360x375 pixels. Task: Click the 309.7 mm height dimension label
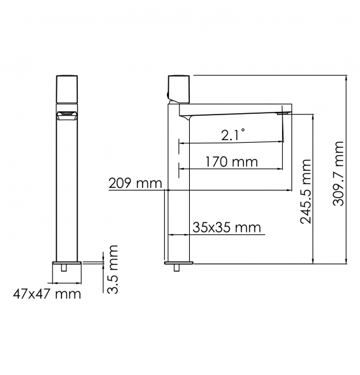point(338,173)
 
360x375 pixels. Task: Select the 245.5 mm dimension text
point(306,191)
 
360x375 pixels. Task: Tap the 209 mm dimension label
point(135,183)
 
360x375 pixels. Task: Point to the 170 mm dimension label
point(232,162)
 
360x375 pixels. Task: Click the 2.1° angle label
point(233,135)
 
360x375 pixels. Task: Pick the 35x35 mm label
point(226,228)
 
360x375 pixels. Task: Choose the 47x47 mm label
point(47,294)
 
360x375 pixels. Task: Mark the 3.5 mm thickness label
point(113,269)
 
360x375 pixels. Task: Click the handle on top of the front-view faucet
point(67,89)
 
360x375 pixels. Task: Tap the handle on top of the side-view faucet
point(179,89)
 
